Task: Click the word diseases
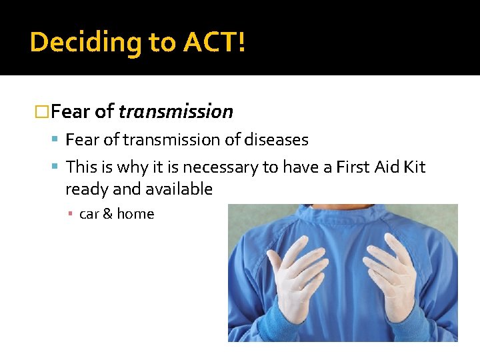pos(276,140)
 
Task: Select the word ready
pos(87,189)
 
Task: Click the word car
pos(89,214)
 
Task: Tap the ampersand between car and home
pos(107,214)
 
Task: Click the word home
pos(135,214)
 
